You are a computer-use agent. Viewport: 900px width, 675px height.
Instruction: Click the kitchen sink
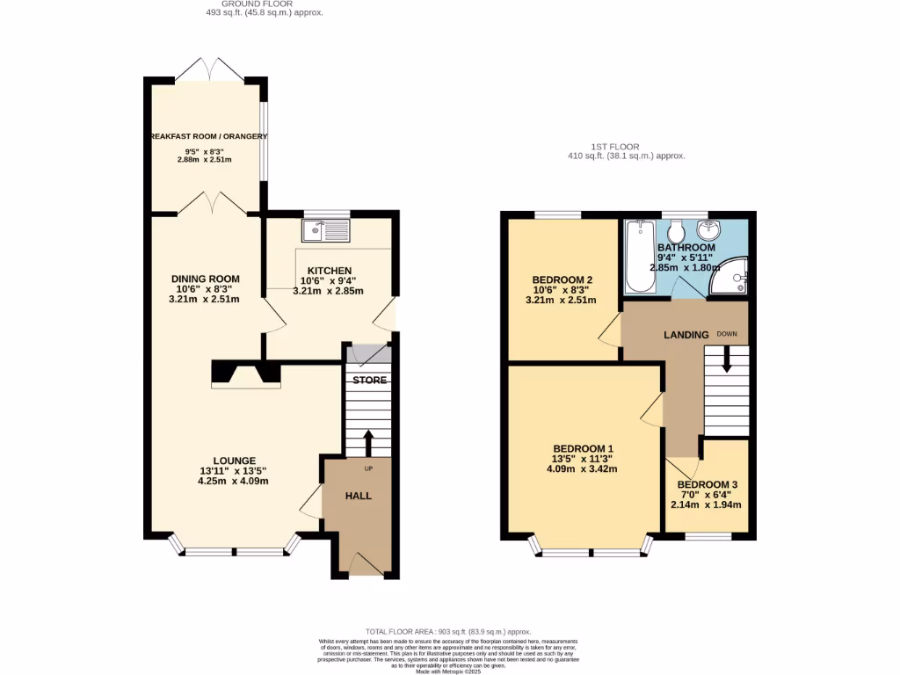pos(326,231)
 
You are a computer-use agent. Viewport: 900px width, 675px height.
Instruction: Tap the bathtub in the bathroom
pos(640,257)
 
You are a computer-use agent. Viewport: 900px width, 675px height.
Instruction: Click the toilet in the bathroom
pos(676,232)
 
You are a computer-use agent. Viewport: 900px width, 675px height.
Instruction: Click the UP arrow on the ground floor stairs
pos(367,440)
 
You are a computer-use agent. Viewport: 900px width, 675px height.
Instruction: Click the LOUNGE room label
pos(234,461)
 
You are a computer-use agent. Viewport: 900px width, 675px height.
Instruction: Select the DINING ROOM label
pos(206,279)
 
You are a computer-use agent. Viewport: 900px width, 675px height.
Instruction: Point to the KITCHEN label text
pos(330,271)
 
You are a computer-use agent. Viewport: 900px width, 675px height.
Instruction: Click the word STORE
pos(370,381)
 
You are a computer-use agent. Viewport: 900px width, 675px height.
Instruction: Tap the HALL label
pos(358,496)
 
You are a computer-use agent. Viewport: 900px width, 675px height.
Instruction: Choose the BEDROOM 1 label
pos(582,447)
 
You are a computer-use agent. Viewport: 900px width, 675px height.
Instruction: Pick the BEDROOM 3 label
pos(708,485)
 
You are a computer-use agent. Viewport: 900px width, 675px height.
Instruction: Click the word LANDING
pos(686,335)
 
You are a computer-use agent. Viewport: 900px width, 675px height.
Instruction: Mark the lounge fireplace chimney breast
pos(246,374)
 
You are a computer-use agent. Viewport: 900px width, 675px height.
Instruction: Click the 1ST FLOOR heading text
pos(615,147)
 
